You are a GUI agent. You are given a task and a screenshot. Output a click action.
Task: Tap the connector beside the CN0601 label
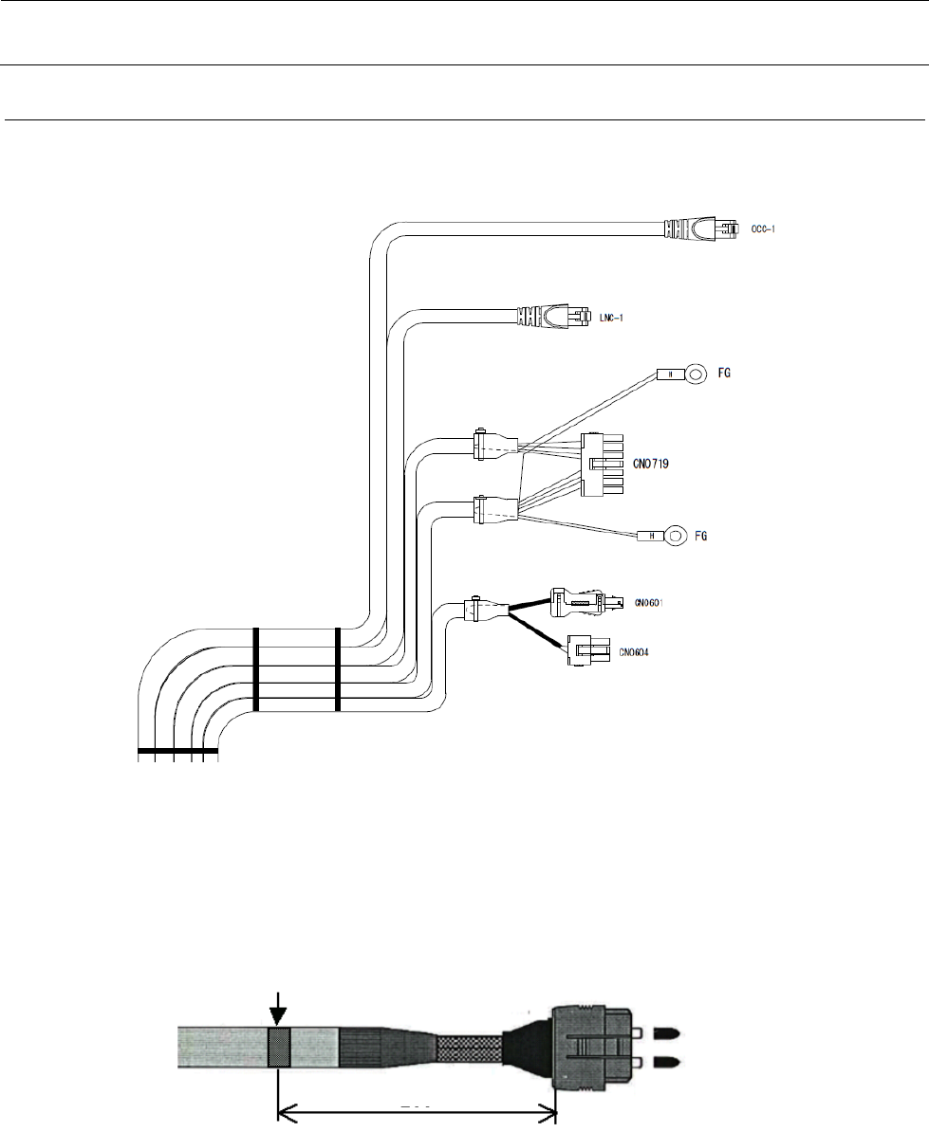(x=586, y=601)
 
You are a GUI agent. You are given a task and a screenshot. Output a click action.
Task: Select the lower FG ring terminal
(x=674, y=538)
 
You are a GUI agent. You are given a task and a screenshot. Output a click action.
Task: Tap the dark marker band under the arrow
(x=279, y=1049)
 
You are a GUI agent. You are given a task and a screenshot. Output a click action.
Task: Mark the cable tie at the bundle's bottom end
(x=177, y=754)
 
